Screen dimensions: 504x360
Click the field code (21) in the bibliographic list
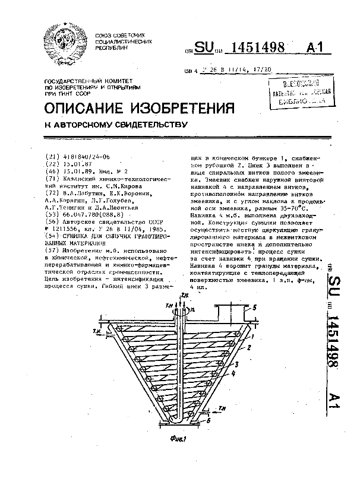(53, 157)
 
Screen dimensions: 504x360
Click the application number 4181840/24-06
(86, 157)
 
